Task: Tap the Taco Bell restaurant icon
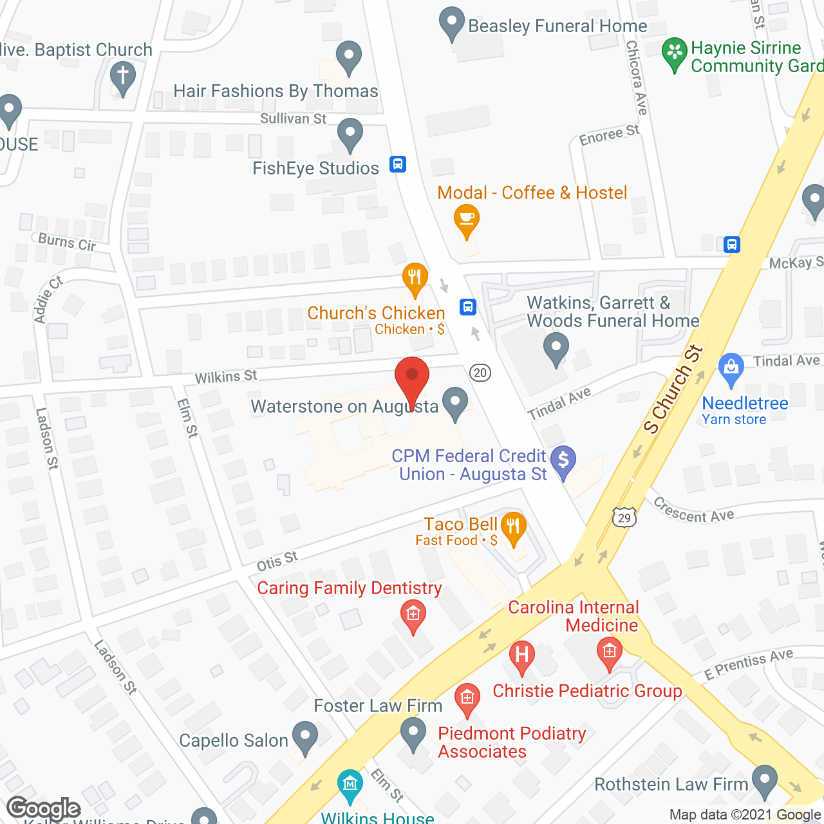click(x=512, y=528)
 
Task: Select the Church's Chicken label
click(x=376, y=314)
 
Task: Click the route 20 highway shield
click(x=480, y=373)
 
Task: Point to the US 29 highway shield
click(x=624, y=518)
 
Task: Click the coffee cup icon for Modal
click(x=467, y=220)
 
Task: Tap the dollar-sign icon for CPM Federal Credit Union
click(x=563, y=461)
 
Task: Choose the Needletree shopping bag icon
click(x=731, y=368)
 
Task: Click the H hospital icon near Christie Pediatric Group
click(x=522, y=655)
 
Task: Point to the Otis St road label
click(x=277, y=561)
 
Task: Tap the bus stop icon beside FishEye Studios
click(x=398, y=164)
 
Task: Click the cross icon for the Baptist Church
click(x=122, y=75)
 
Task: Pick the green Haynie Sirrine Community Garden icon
click(x=675, y=53)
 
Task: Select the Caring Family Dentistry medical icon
click(x=413, y=614)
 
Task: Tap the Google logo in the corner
click(x=44, y=809)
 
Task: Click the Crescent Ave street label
click(x=693, y=510)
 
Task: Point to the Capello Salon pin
click(x=305, y=736)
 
